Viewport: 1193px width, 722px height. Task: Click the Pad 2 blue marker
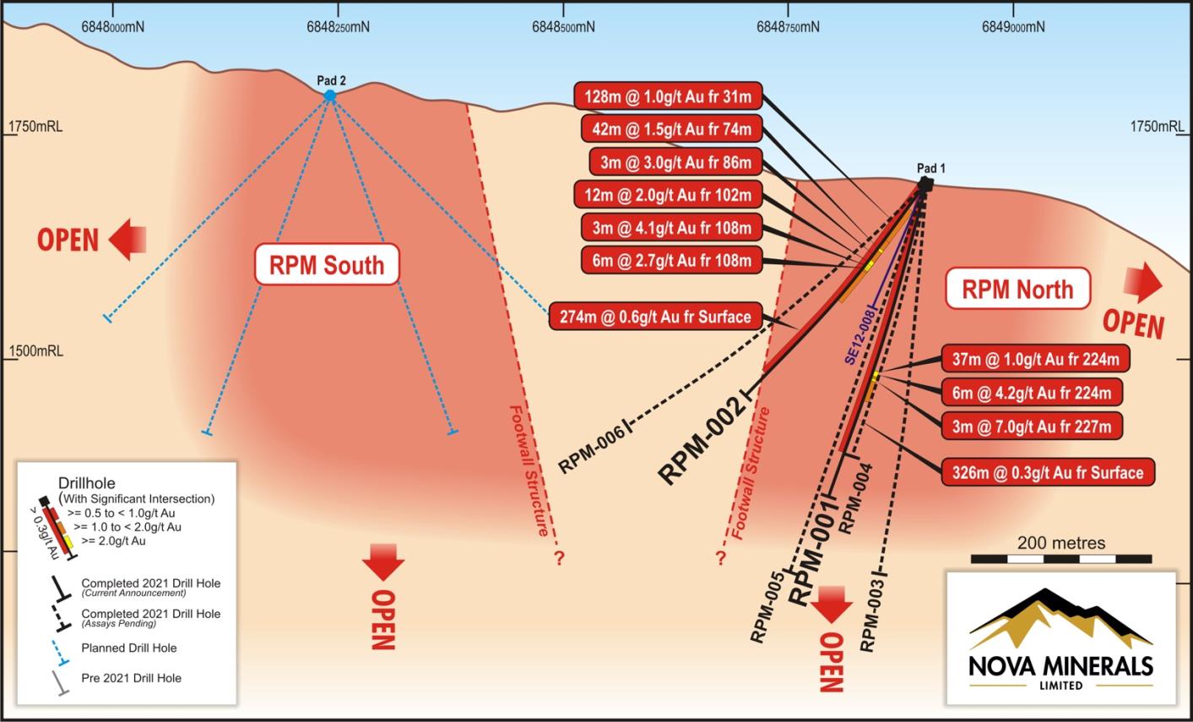[330, 96]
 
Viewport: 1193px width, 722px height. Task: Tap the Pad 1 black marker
[925, 185]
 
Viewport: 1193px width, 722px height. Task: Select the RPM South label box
[327, 264]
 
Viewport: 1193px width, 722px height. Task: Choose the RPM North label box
[1017, 289]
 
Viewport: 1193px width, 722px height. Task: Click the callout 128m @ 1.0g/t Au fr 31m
[668, 96]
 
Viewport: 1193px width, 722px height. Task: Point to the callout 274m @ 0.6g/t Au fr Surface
[655, 317]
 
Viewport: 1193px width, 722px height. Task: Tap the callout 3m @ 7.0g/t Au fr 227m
[1032, 426]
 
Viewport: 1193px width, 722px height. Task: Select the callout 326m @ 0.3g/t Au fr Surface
[1048, 472]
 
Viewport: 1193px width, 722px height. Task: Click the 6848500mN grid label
[563, 27]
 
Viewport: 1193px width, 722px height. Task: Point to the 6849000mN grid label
[1013, 27]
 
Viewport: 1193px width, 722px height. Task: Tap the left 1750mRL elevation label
[35, 127]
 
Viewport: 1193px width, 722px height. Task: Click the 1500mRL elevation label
[35, 351]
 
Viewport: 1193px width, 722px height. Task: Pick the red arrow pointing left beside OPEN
[127, 239]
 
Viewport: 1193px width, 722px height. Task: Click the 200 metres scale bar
[1061, 559]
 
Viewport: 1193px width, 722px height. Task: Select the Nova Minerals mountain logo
[1061, 620]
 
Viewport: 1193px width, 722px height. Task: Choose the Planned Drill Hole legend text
[129, 648]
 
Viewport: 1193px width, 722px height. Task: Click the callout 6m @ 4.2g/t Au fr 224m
[1032, 393]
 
